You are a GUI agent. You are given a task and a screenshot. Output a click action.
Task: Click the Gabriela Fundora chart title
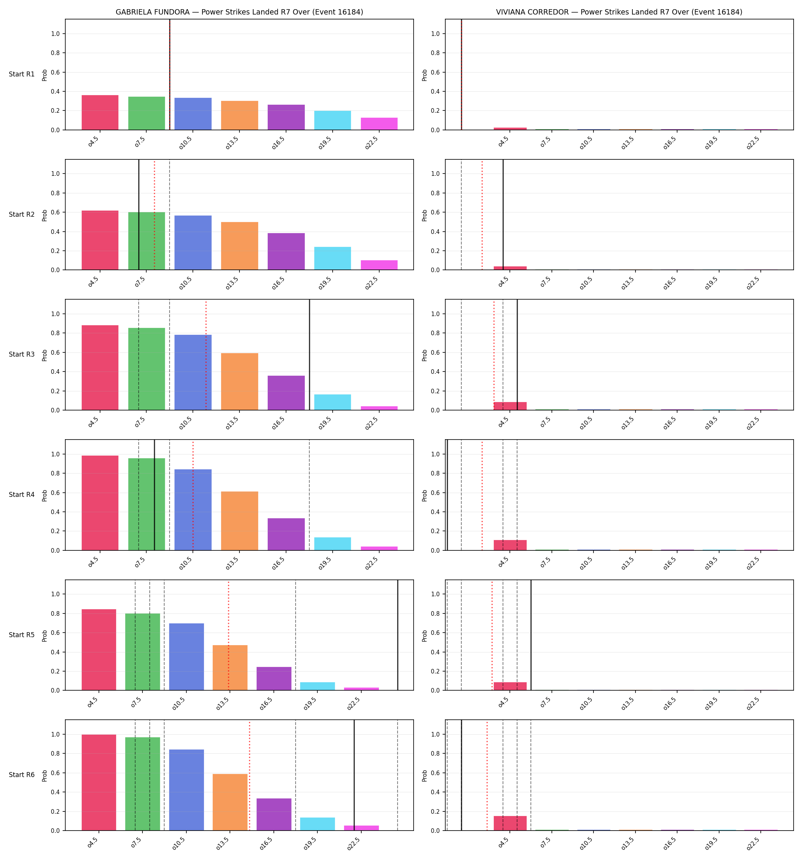pyautogui.click(x=239, y=12)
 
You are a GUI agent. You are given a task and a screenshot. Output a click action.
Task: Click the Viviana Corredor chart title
pyautogui.click(x=619, y=12)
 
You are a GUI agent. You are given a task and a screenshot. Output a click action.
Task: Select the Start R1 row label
pyautogui.click(x=22, y=74)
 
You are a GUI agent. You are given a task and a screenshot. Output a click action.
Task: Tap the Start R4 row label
pyautogui.click(x=22, y=495)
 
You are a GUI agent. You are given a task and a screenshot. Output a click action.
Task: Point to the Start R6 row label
pyautogui.click(x=22, y=775)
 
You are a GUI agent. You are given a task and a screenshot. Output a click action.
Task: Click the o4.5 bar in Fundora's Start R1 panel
pyautogui.click(x=100, y=112)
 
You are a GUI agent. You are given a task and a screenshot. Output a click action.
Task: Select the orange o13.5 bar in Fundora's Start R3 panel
pyautogui.click(x=239, y=381)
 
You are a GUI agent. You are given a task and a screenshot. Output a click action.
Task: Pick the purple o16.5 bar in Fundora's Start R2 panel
pyautogui.click(x=286, y=252)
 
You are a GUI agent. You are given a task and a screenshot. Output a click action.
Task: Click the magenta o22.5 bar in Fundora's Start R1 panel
pyautogui.click(x=379, y=124)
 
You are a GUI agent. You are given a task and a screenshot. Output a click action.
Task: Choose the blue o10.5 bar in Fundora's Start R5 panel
pyautogui.click(x=186, y=657)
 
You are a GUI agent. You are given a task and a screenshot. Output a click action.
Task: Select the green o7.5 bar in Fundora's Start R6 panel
pyautogui.click(x=143, y=784)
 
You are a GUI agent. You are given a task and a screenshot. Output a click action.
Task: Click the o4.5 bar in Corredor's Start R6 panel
pyautogui.click(x=510, y=823)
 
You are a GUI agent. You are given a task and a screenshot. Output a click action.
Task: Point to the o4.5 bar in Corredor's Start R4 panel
pyautogui.click(x=510, y=545)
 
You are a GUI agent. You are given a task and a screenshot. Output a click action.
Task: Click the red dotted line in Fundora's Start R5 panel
pyautogui.click(x=228, y=635)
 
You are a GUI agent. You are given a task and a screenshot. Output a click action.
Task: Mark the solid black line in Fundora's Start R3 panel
pyautogui.click(x=310, y=355)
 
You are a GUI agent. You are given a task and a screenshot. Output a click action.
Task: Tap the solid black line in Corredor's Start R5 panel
pyautogui.click(x=531, y=635)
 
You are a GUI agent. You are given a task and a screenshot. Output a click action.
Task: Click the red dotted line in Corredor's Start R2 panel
pyautogui.click(x=482, y=214)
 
